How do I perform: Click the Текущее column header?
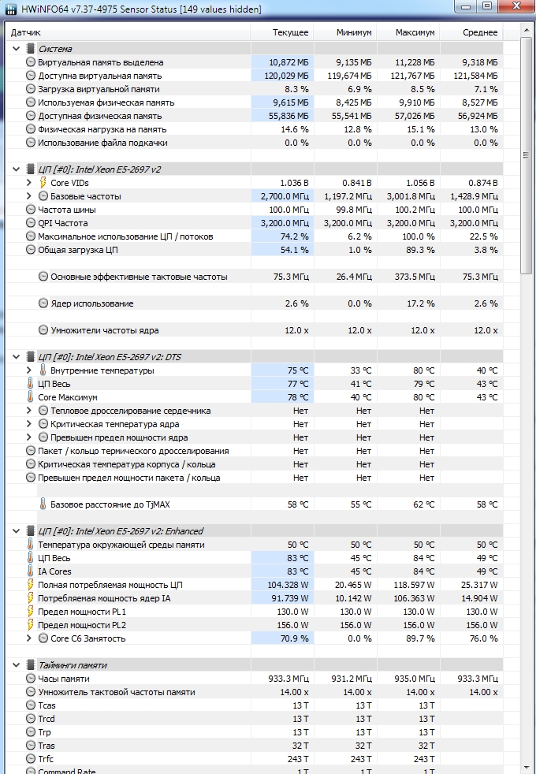click(290, 32)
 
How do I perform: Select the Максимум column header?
click(415, 32)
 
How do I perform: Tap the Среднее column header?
click(480, 32)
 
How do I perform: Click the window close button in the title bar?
click(516, 6)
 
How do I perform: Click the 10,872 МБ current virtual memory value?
click(288, 63)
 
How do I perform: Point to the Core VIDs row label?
click(69, 183)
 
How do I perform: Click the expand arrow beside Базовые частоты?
click(28, 196)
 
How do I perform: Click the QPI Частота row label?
click(63, 223)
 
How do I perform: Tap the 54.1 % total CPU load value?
click(295, 251)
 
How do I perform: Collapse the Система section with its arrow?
click(17, 49)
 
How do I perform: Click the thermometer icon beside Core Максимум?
click(31, 397)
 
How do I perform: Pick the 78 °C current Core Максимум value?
click(298, 397)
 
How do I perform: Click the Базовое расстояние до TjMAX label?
click(110, 504)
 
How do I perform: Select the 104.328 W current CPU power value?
click(288, 585)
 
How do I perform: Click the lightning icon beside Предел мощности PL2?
click(31, 625)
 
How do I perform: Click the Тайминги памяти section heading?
click(73, 665)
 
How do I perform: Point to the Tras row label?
click(47, 746)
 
